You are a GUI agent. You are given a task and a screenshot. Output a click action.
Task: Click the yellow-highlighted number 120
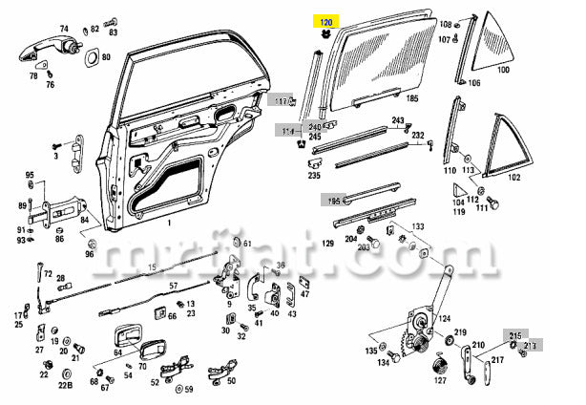click(x=325, y=20)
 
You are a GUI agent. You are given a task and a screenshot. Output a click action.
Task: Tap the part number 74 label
click(x=64, y=29)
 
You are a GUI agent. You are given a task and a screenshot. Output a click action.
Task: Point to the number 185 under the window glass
click(x=412, y=97)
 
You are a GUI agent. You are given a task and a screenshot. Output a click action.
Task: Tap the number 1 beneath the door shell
click(x=168, y=224)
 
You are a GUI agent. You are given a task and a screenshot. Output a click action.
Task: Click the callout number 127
click(x=440, y=379)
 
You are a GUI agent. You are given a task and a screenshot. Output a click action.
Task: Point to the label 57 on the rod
click(x=174, y=286)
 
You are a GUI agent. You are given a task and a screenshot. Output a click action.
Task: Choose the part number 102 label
click(x=514, y=177)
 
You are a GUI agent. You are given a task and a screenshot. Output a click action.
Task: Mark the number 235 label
click(x=314, y=175)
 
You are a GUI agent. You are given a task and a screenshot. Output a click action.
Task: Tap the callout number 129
click(x=326, y=245)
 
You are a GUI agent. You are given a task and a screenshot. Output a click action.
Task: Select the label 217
click(x=496, y=359)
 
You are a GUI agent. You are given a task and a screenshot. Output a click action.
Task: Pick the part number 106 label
click(x=474, y=82)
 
